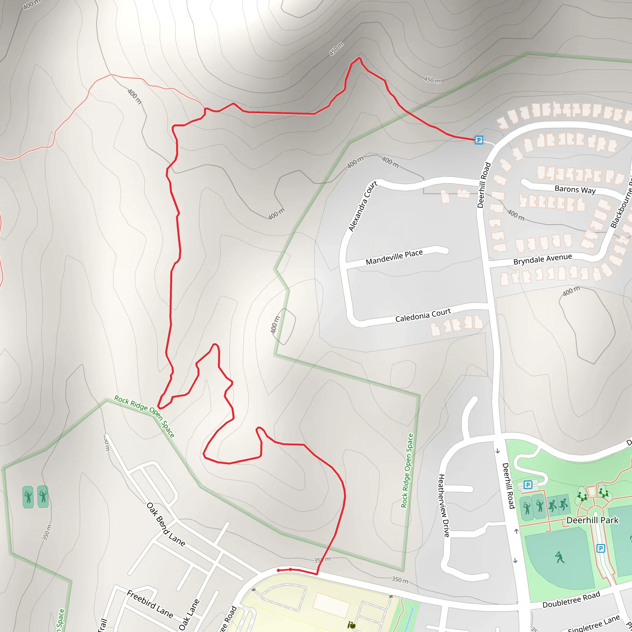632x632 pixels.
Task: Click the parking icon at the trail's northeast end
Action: tap(479, 140)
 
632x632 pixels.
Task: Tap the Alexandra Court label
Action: tap(363, 206)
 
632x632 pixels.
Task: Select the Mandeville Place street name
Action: tap(394, 257)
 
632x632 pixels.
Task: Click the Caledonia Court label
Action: tap(423, 315)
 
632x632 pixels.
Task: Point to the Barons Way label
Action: tap(575, 189)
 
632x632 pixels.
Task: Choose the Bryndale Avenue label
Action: tap(543, 259)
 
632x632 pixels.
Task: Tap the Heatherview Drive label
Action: tap(444, 505)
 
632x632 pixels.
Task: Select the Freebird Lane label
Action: tap(150, 604)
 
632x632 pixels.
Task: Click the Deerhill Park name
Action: tap(592, 520)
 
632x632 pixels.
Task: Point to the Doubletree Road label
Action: tap(571, 600)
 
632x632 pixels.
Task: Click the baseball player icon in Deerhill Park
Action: tap(560, 557)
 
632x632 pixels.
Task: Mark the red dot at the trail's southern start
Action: tap(278, 571)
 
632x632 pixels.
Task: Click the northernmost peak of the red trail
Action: tap(359, 58)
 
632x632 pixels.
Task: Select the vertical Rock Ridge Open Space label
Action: tap(407, 470)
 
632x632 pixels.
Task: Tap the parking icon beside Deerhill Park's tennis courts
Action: tap(528, 485)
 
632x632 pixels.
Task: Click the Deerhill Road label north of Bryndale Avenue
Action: tap(484, 185)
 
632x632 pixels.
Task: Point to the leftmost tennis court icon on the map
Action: tap(28, 497)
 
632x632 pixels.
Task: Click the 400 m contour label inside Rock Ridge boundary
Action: tap(276, 325)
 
